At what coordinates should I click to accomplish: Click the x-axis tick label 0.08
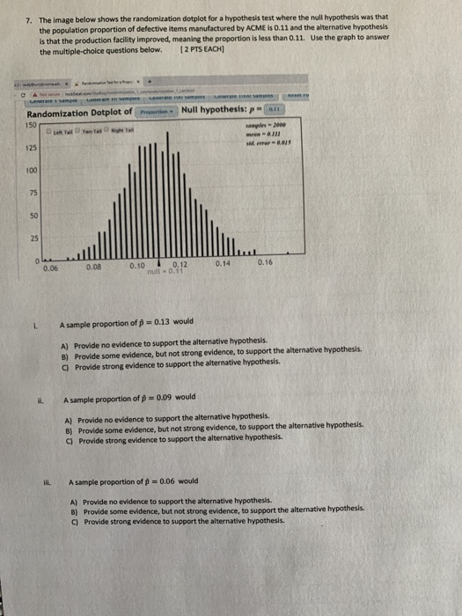coord(92,266)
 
